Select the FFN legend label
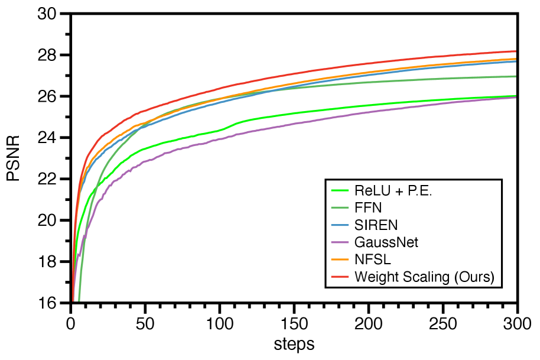click(367, 208)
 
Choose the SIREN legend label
click(376, 225)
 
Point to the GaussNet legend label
click(386, 242)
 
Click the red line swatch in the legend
click(339, 277)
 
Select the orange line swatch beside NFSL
click(339, 260)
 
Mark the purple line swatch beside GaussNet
click(339, 242)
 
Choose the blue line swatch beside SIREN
click(339, 225)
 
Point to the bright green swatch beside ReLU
click(339, 191)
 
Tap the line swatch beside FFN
click(339, 208)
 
